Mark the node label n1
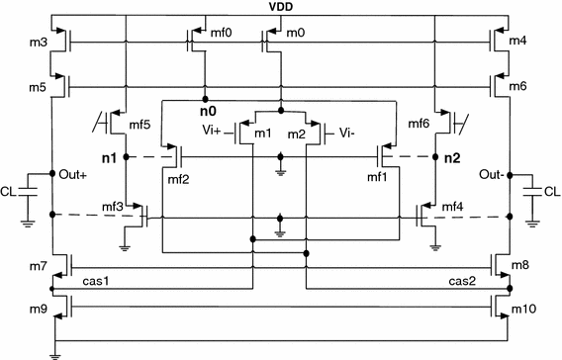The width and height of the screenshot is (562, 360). (x=110, y=156)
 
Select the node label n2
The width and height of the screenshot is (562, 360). (x=453, y=156)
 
